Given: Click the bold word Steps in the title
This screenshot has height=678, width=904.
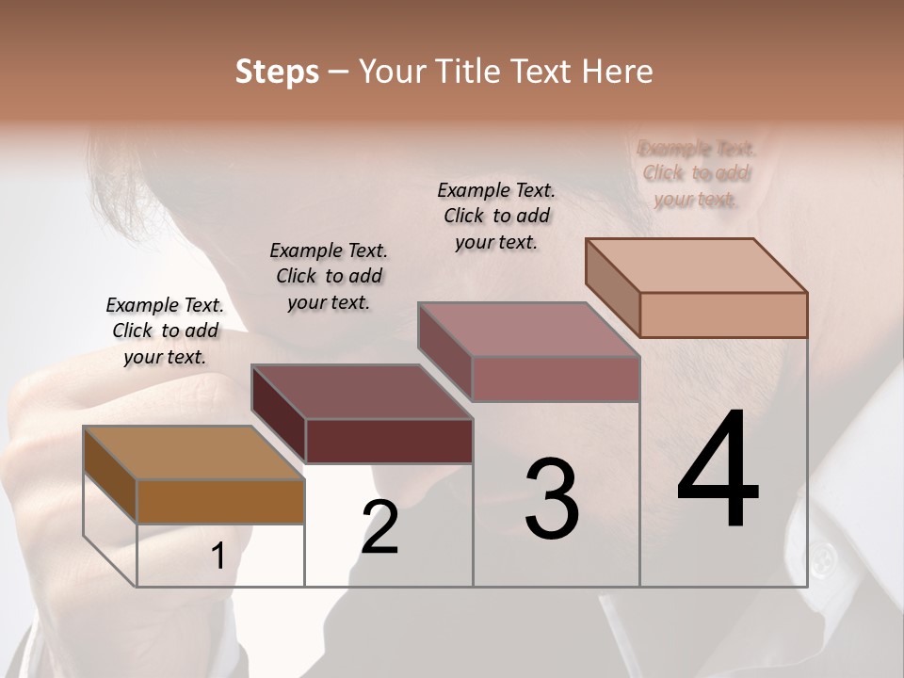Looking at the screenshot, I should (x=277, y=72).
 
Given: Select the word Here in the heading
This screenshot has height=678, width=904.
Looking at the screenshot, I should (x=616, y=72).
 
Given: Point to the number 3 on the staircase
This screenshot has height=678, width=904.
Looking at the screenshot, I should (x=552, y=499).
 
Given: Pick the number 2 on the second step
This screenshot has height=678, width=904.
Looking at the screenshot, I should (x=379, y=527).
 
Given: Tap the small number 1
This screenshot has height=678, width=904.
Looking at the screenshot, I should (x=218, y=557).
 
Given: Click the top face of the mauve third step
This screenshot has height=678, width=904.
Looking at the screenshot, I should (x=528, y=330).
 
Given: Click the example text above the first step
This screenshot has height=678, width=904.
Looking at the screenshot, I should (x=165, y=331).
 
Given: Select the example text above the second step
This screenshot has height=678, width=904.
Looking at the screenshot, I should (x=329, y=276).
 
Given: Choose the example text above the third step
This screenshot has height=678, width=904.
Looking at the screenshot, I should (x=496, y=216).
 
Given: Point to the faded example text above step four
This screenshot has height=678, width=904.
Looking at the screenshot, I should (x=697, y=173).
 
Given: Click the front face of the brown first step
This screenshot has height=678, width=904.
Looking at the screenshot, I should (x=220, y=501).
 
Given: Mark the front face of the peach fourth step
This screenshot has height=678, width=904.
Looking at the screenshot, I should (x=723, y=315).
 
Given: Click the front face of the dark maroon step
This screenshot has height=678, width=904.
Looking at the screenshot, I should (x=389, y=441).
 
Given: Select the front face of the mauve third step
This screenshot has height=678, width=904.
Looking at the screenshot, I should (x=556, y=379).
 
